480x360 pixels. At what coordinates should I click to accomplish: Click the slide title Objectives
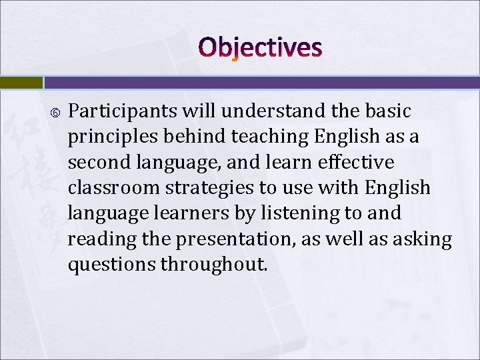pyautogui.click(x=260, y=48)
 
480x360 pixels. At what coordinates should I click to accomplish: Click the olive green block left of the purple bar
pyautogui.click(x=21, y=83)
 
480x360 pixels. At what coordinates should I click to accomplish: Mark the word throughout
pyautogui.click(x=214, y=264)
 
